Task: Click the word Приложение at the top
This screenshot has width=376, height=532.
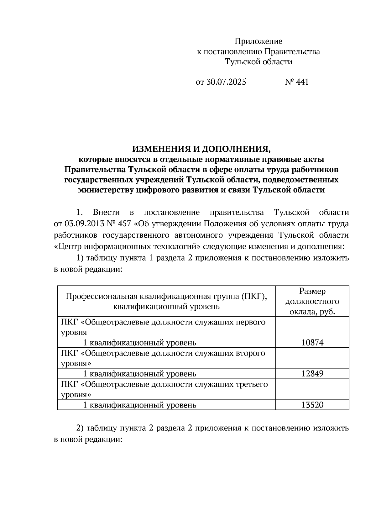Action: (x=258, y=41)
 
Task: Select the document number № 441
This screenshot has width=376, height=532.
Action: (x=297, y=82)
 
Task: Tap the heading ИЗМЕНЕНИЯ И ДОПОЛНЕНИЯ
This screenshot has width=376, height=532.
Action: (x=201, y=149)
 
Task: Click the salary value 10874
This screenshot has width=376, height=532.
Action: (x=312, y=343)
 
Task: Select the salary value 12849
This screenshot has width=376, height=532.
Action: (x=312, y=374)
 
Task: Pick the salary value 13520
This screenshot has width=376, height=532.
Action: (x=312, y=405)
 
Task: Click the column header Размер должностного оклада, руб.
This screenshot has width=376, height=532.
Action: (x=312, y=301)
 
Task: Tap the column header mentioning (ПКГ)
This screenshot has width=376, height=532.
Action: (x=166, y=301)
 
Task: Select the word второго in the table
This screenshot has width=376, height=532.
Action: (x=250, y=353)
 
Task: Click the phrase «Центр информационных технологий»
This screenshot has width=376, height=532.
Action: (x=127, y=246)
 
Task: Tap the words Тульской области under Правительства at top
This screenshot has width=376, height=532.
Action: (x=258, y=62)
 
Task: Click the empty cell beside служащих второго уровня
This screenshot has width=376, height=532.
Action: (x=312, y=358)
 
